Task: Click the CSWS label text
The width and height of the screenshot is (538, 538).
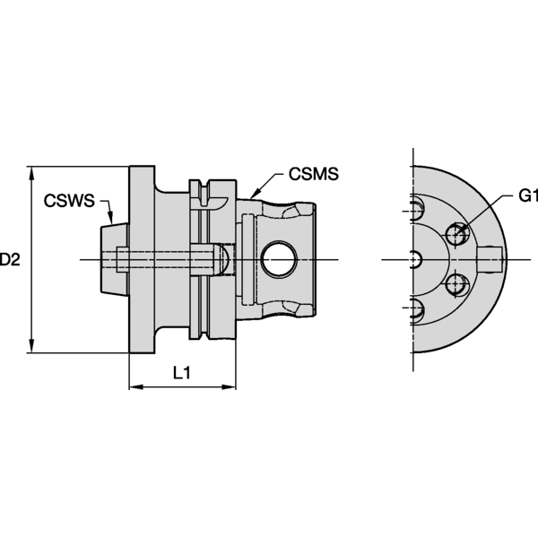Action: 69,201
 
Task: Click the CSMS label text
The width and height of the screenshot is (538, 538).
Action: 314,174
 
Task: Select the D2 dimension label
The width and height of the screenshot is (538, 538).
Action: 9,260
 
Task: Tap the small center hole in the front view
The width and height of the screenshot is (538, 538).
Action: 413,260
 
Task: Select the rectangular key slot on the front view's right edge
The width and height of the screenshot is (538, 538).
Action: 492,260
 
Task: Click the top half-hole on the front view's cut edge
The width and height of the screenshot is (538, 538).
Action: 415,209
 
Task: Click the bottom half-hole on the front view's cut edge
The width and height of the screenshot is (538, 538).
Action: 415,311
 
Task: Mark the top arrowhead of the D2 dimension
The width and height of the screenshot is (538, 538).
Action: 32,171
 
